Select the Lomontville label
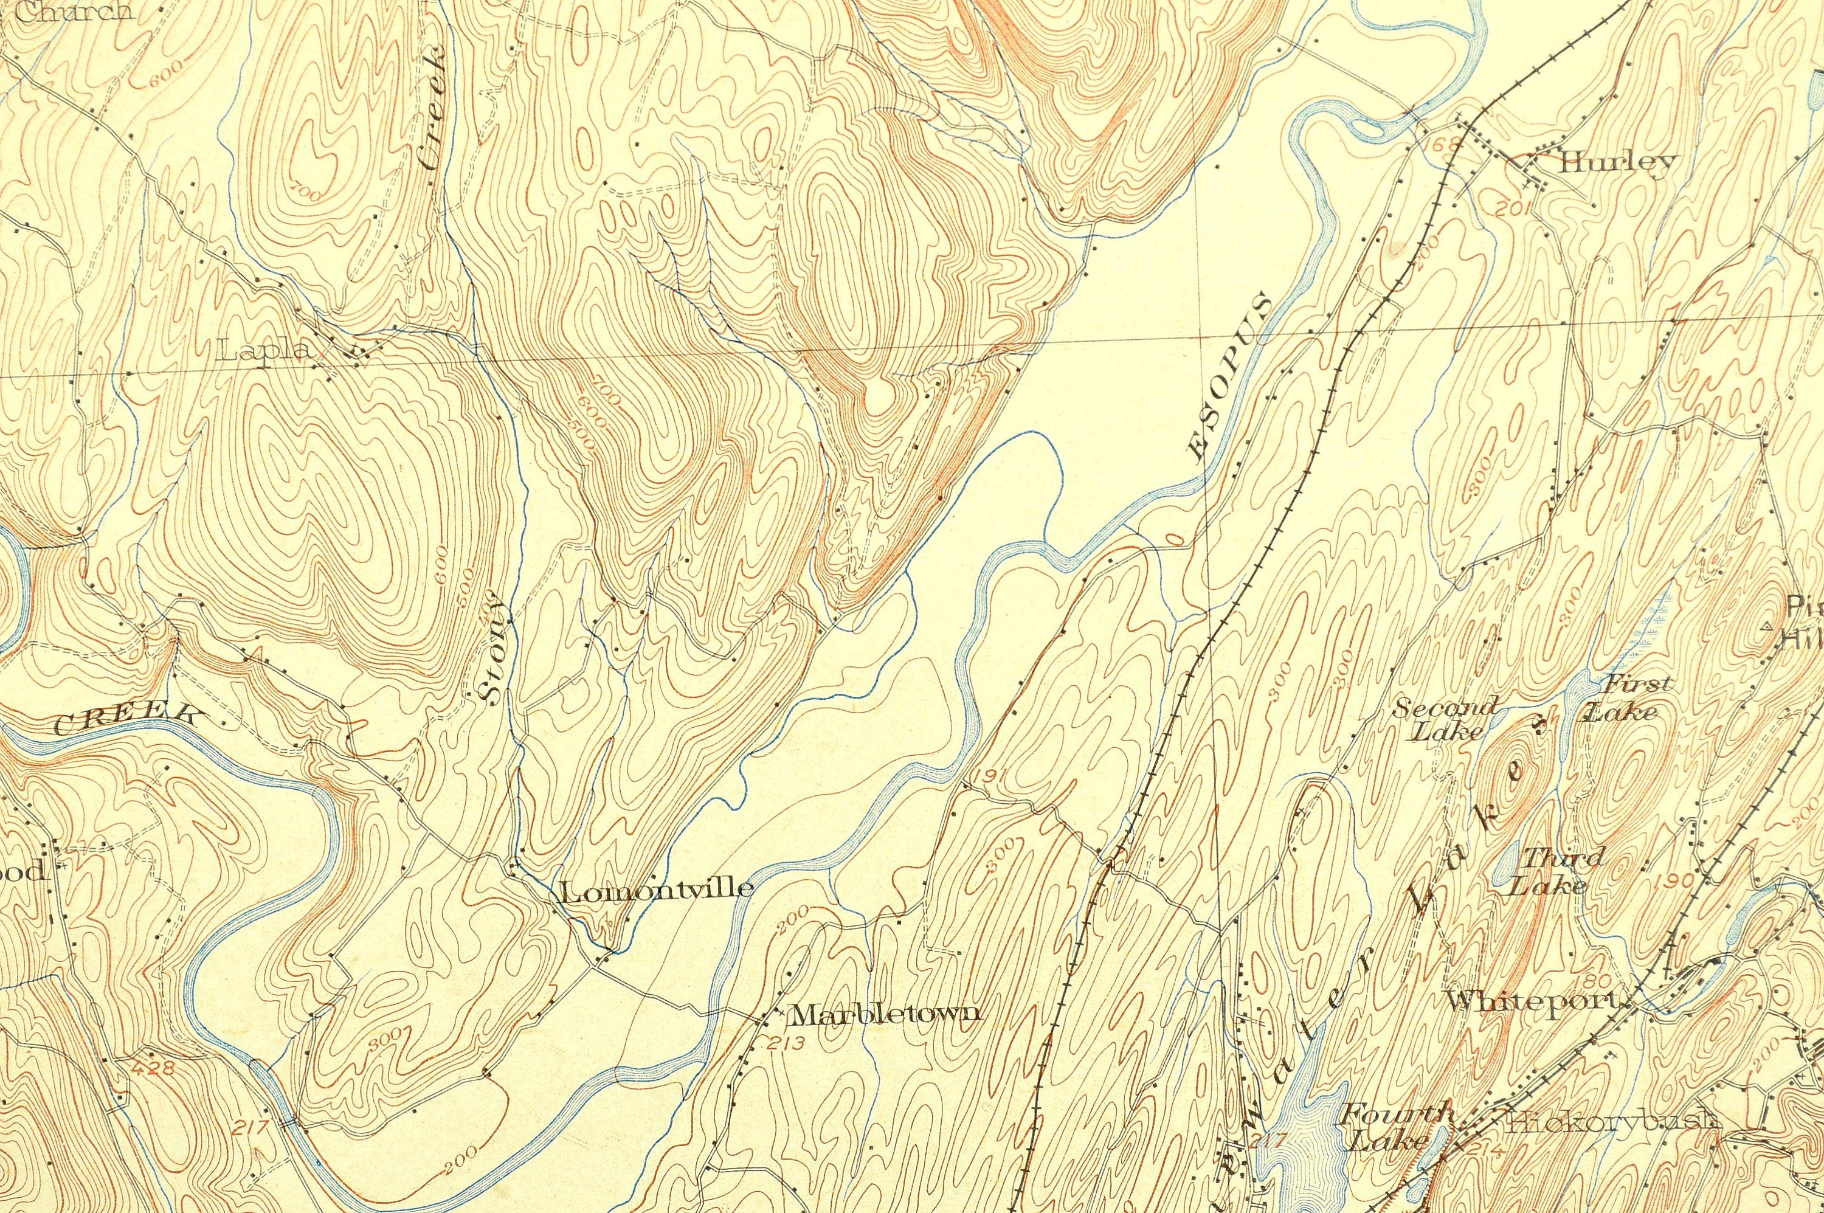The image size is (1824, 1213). pyautogui.click(x=655, y=889)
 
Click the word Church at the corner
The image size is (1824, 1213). pyautogui.click(x=74, y=11)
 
